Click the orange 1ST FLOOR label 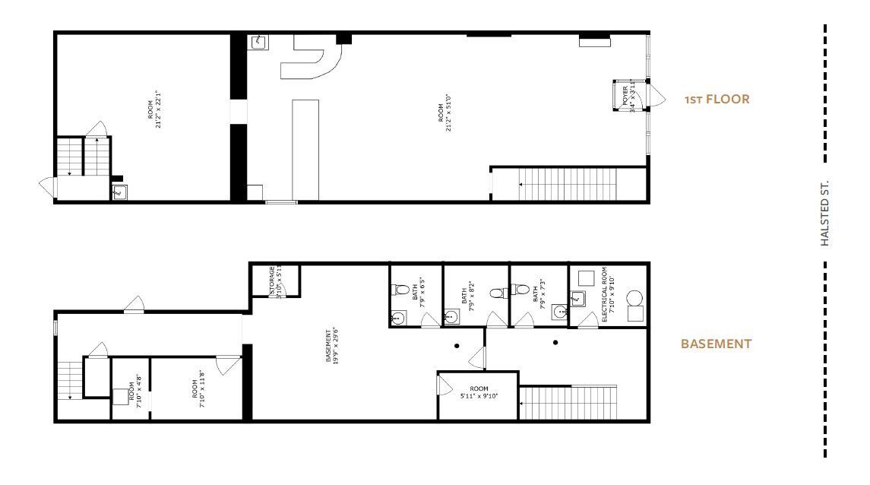click(717, 100)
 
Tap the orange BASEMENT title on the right click(716, 344)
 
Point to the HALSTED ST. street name click(824, 213)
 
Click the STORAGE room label click(274, 282)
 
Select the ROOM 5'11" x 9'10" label click(479, 392)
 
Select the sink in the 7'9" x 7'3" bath click(560, 311)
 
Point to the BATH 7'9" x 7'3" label click(537, 293)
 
